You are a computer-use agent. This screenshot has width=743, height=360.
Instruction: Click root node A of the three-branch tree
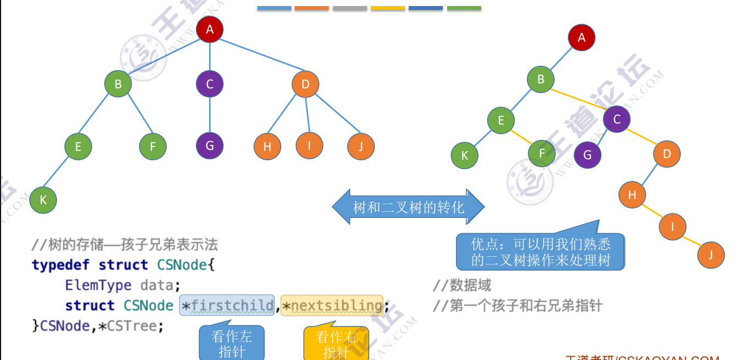point(210,30)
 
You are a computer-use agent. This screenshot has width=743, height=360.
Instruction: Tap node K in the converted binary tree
point(464,155)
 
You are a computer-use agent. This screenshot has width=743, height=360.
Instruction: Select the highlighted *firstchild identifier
point(227,306)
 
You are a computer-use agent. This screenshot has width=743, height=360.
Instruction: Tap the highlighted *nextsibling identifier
point(332,306)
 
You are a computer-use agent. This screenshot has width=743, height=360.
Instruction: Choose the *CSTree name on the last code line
point(131,326)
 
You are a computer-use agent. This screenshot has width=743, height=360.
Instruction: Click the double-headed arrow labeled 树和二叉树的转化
point(408,207)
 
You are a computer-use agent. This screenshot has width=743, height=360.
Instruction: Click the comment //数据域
point(462,285)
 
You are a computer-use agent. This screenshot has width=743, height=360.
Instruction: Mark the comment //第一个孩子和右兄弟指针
point(517,306)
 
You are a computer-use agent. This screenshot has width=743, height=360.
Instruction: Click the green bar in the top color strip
point(464,8)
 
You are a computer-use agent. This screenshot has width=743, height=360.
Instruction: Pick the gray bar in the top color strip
point(350,8)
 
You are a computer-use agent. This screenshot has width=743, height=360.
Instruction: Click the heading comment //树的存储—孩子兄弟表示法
point(125,245)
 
